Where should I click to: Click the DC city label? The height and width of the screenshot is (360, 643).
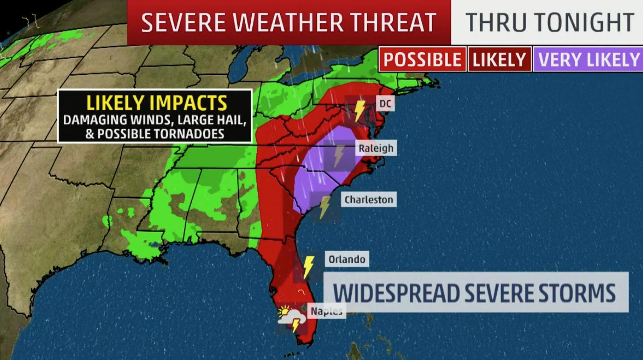pyautogui.click(x=385, y=103)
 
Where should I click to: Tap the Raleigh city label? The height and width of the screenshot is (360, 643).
pyautogui.click(x=376, y=148)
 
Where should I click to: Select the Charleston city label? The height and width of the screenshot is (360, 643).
pyautogui.click(x=369, y=200)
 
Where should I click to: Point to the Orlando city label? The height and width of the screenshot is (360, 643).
pyautogui.click(x=347, y=259)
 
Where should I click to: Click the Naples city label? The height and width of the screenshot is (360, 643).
pyautogui.click(x=326, y=311)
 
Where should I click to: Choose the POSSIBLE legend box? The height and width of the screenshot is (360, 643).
pyautogui.click(x=422, y=60)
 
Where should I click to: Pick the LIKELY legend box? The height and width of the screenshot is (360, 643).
pyautogui.click(x=499, y=60)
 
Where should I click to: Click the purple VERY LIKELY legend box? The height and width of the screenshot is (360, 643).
pyautogui.click(x=589, y=60)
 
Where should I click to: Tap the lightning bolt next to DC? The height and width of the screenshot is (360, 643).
pyautogui.click(x=360, y=111)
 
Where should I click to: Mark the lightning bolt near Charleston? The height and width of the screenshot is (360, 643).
pyautogui.click(x=324, y=207)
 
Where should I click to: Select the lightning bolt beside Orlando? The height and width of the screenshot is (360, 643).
pyautogui.click(x=308, y=267)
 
